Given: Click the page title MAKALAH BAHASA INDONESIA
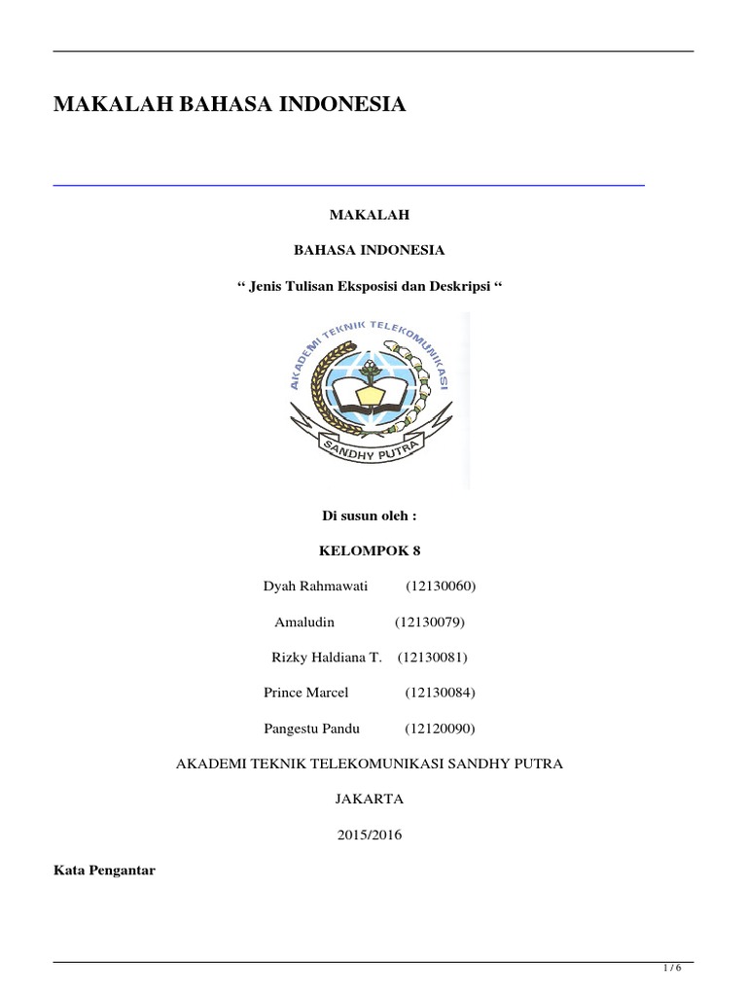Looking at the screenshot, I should pos(230,104).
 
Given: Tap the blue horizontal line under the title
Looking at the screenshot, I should pos(348,184).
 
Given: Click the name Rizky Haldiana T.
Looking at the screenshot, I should pos(326,658).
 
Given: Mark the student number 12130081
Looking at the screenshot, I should pos(433,658).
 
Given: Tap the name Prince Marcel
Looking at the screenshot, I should pos(305,693).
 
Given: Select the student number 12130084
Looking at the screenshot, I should pos(440,693).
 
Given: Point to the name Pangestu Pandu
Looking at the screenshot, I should pos(311,729).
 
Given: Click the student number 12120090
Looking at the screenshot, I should pos(440,729).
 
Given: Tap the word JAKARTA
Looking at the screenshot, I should pos(369,799).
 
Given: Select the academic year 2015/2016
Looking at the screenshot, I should pos(370,835).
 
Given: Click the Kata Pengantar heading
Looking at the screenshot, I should pos(104,871).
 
